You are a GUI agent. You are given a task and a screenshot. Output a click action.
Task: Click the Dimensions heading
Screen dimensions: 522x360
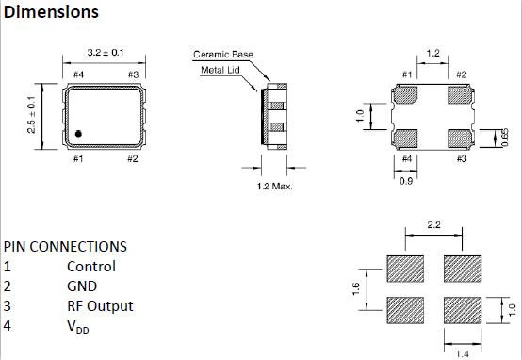(51, 12)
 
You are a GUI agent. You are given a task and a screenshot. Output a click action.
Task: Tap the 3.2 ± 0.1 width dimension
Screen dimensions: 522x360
(106, 53)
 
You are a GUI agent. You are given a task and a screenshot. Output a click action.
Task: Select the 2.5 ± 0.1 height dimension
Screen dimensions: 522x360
(31, 115)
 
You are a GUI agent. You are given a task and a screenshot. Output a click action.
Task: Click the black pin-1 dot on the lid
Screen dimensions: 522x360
(78, 134)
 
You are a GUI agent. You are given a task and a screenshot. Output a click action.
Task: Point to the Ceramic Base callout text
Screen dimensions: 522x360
(223, 55)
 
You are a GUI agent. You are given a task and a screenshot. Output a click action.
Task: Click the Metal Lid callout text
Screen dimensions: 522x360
(220, 70)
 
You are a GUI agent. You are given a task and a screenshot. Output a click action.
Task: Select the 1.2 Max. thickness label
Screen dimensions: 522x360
(274, 186)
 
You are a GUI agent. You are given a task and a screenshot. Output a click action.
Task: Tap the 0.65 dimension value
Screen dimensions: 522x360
(505, 138)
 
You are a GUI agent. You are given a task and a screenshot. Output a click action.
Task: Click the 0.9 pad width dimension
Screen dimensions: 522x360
(406, 181)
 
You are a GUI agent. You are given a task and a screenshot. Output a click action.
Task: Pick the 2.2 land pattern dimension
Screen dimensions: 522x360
(433, 225)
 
